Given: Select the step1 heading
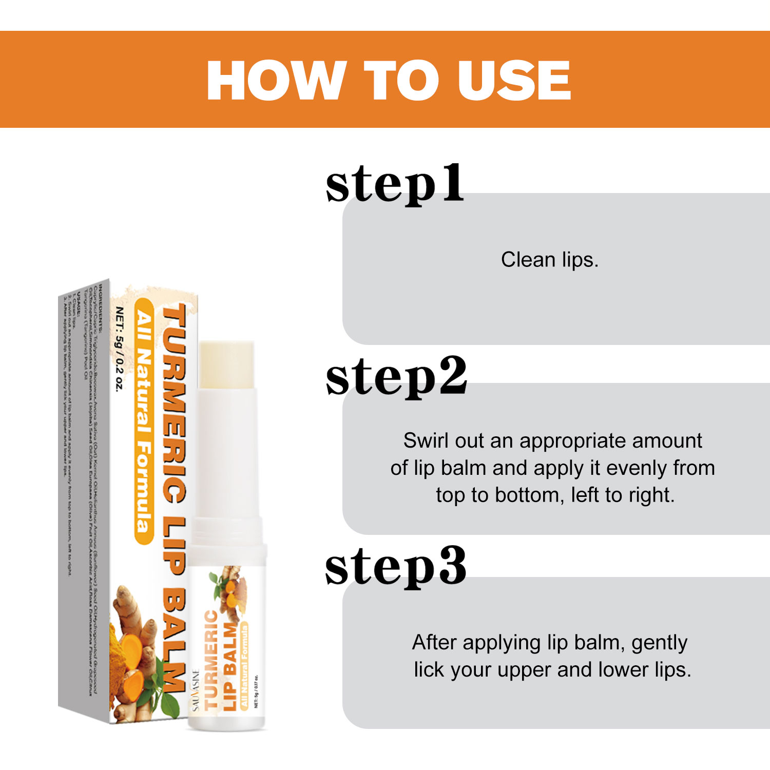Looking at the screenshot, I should (394, 185).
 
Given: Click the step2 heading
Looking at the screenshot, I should (396, 377).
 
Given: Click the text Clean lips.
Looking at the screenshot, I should (549, 260).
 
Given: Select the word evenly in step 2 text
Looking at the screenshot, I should (636, 468).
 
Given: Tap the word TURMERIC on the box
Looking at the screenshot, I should (175, 403).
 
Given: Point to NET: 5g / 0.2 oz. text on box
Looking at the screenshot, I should (119, 349).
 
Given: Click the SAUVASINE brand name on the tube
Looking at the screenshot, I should (196, 690).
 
